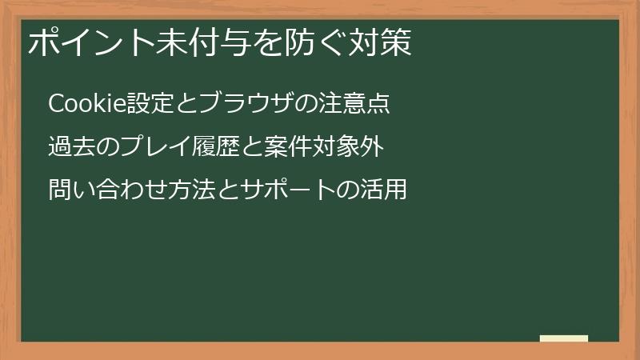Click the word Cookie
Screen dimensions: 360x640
pos(83,104)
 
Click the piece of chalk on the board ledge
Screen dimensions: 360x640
pos(564,338)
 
